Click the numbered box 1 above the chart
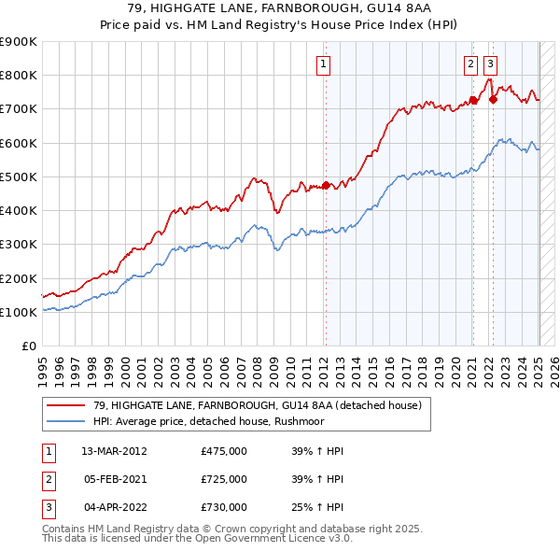coord(323,64)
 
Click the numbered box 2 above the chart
coord(469,64)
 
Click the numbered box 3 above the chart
coord(490,64)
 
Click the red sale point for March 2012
coord(326,185)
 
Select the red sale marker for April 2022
coord(493,99)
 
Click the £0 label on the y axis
coord(28,346)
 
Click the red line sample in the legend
coord(67,405)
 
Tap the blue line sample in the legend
coord(67,421)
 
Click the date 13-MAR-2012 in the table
coord(115,451)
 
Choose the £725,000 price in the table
coord(224,479)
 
